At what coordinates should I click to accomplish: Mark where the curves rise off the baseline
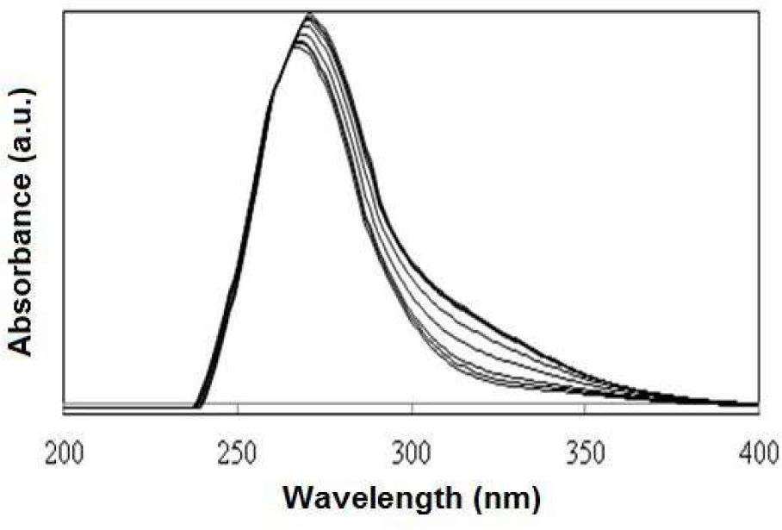click(198, 403)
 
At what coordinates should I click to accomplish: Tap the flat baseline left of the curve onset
click(129, 404)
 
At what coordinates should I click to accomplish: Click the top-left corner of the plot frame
click(65, 11)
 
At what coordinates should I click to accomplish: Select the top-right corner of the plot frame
click(759, 11)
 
